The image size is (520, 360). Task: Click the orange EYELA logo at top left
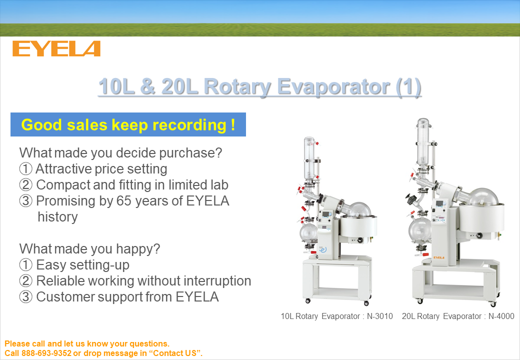[56, 48]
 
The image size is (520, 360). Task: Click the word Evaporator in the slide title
[333, 86]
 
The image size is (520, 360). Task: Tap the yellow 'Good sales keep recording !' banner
[128, 124]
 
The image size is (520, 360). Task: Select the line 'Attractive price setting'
[93, 168]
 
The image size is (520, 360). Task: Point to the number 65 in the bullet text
[124, 201]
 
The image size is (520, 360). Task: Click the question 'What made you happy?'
[89, 248]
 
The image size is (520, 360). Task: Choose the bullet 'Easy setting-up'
[74, 265]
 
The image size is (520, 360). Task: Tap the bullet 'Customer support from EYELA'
[119, 296]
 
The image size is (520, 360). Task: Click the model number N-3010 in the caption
[379, 316]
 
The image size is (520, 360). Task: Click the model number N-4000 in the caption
[501, 316]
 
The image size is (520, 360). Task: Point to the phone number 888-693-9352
[46, 353]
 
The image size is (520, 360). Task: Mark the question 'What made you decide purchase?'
[120, 153]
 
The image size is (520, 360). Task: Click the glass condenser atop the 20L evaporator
[423, 142]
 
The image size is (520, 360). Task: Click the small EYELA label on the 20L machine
[438, 257]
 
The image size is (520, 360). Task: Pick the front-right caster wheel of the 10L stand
[366, 303]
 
